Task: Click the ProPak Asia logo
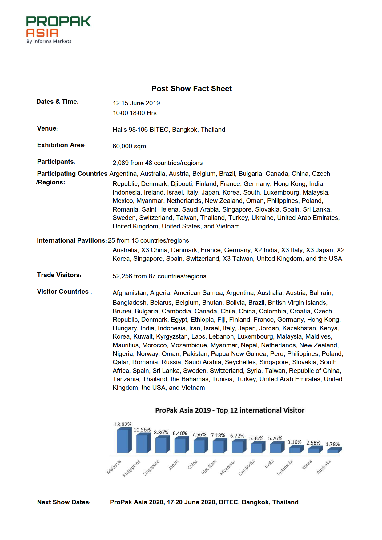click(58, 30)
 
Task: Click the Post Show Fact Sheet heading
click(191, 89)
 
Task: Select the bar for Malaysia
click(124, 441)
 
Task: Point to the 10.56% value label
click(142, 430)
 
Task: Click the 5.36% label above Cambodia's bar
click(256, 438)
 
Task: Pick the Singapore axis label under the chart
click(151, 468)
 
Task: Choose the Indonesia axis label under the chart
click(285, 468)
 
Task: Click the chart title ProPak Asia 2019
click(229, 410)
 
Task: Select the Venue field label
click(47, 128)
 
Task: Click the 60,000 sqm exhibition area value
click(129, 146)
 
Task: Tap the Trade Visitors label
click(59, 275)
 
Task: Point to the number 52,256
click(122, 276)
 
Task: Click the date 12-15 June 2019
click(136, 103)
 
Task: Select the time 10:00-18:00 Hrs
click(135, 113)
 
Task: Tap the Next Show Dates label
click(63, 502)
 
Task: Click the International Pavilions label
click(71, 240)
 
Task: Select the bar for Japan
click(181, 445)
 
